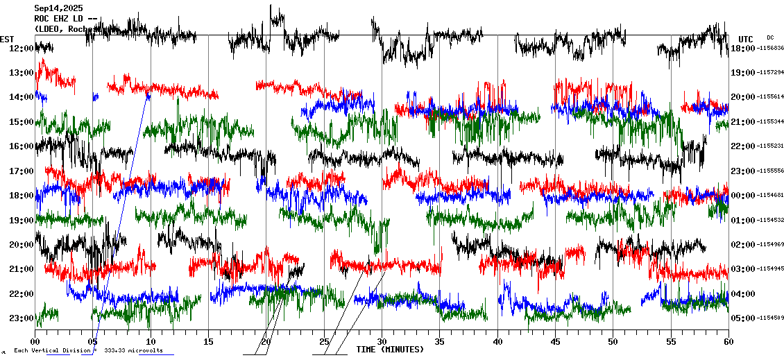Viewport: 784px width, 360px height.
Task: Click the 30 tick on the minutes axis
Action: click(382, 341)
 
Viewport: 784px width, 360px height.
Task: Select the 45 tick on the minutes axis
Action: click(555, 341)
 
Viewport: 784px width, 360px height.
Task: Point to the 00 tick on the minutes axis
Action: click(35, 341)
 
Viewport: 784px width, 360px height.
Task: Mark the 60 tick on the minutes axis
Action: click(728, 341)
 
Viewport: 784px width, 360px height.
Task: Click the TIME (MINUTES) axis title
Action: click(389, 350)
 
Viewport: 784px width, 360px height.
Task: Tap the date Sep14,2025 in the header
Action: click(58, 8)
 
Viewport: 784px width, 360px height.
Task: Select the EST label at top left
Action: click(7, 39)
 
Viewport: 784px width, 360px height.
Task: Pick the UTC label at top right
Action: click(746, 39)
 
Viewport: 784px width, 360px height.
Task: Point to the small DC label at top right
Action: click(770, 37)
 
